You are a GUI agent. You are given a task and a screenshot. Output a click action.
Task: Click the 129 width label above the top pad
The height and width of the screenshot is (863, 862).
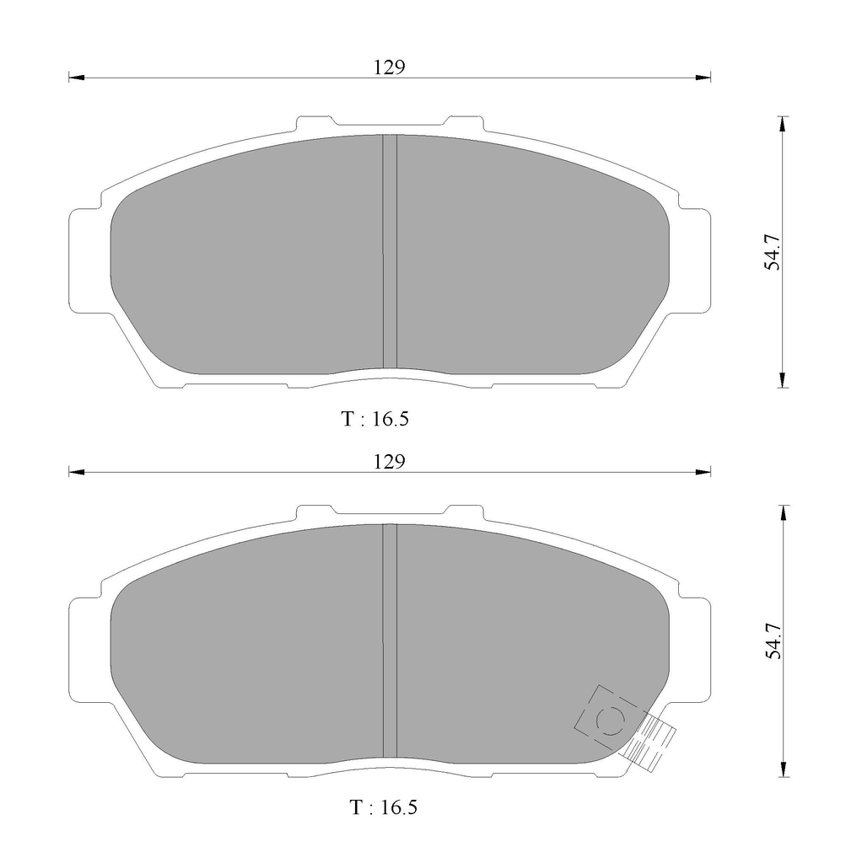(x=390, y=67)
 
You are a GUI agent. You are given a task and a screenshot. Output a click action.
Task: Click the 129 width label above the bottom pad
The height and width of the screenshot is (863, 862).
(x=390, y=461)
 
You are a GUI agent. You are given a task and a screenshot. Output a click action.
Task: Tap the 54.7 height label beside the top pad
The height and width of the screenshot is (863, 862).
(x=773, y=251)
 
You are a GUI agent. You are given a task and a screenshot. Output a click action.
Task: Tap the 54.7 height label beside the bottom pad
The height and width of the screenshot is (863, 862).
(x=773, y=641)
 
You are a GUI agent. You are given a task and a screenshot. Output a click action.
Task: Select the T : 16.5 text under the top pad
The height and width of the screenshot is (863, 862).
(x=375, y=419)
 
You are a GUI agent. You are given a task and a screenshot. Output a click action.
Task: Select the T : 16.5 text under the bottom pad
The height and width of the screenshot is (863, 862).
(x=384, y=807)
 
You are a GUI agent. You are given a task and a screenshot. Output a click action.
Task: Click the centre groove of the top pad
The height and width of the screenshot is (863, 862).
(x=390, y=251)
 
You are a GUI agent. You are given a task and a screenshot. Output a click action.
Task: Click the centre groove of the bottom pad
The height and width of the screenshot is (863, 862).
(x=390, y=641)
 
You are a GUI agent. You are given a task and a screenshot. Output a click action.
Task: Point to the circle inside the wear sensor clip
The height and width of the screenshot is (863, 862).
(x=611, y=720)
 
